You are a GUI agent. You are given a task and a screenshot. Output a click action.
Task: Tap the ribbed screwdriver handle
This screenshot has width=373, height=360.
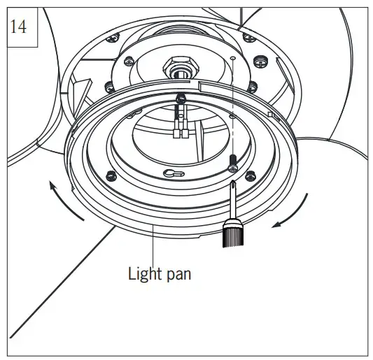232,234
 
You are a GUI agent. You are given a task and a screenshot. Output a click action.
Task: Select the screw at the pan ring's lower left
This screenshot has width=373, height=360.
108,174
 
